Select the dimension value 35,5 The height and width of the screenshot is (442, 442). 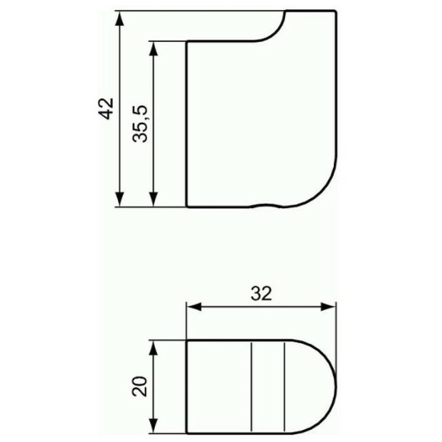pos(139,123)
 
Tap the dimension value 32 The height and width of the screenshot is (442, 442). pos(261,293)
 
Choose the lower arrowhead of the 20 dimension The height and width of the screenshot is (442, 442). pos(154,424)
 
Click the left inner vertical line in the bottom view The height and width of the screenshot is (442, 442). pos(251,386)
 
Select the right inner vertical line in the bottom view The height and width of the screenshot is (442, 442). pos(283,386)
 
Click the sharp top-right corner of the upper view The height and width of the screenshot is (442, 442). pos(335,11)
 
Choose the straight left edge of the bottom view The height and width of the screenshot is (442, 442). pos(187,386)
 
